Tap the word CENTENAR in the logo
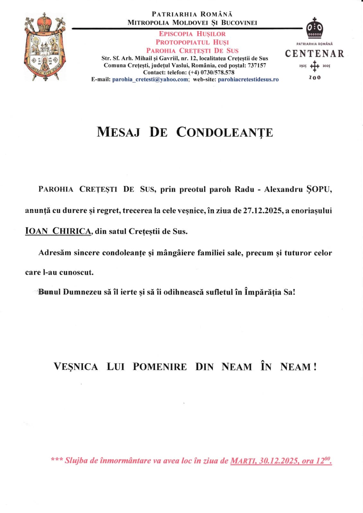[314, 54]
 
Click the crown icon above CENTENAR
[315, 29]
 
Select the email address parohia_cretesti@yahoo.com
[150, 80]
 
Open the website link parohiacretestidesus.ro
[248, 80]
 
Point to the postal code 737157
[257, 65]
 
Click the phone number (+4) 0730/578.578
[212, 72]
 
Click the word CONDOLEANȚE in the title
[224, 132]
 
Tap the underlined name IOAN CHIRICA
[58, 231]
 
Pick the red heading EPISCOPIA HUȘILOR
[192, 34]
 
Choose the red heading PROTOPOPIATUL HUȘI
[192, 42]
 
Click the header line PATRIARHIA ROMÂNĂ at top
[192, 14]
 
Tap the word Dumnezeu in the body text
[82, 292]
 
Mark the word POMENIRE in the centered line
[160, 367]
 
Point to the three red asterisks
[56, 460]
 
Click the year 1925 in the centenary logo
[303, 66]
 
